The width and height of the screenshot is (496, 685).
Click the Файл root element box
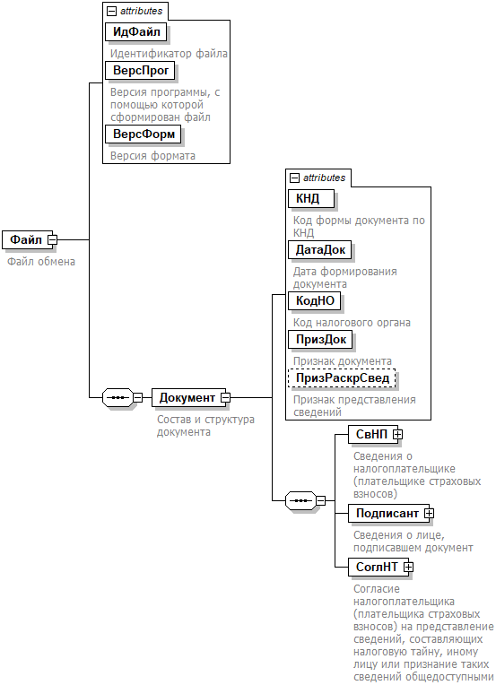[x=28, y=239]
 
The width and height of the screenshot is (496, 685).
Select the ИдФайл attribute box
[x=136, y=32]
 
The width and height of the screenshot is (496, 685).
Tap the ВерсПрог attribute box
[x=140, y=70]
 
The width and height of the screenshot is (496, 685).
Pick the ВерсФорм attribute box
[x=144, y=134]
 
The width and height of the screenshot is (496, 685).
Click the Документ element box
[x=188, y=397]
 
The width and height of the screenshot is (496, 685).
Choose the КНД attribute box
[x=311, y=198]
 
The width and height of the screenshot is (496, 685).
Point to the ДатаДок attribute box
[x=320, y=249]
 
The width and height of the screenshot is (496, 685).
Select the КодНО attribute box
[x=315, y=300]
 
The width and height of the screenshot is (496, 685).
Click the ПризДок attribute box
[x=321, y=339]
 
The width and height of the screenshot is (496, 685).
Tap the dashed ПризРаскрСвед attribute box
[x=342, y=377]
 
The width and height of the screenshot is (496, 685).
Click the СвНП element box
[x=373, y=434]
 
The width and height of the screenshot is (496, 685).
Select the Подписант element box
[x=389, y=514]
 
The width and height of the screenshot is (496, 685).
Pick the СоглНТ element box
[x=379, y=567]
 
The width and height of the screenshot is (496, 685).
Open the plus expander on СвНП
[x=397, y=434]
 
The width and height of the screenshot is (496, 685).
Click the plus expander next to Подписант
[x=429, y=514]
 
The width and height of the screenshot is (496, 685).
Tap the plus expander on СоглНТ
[x=408, y=567]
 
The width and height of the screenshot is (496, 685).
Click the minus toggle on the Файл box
[x=52, y=239]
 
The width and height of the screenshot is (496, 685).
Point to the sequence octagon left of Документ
[x=118, y=397]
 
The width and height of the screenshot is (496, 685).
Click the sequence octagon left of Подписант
[x=301, y=500]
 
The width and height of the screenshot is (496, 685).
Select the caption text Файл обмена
[x=41, y=262]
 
